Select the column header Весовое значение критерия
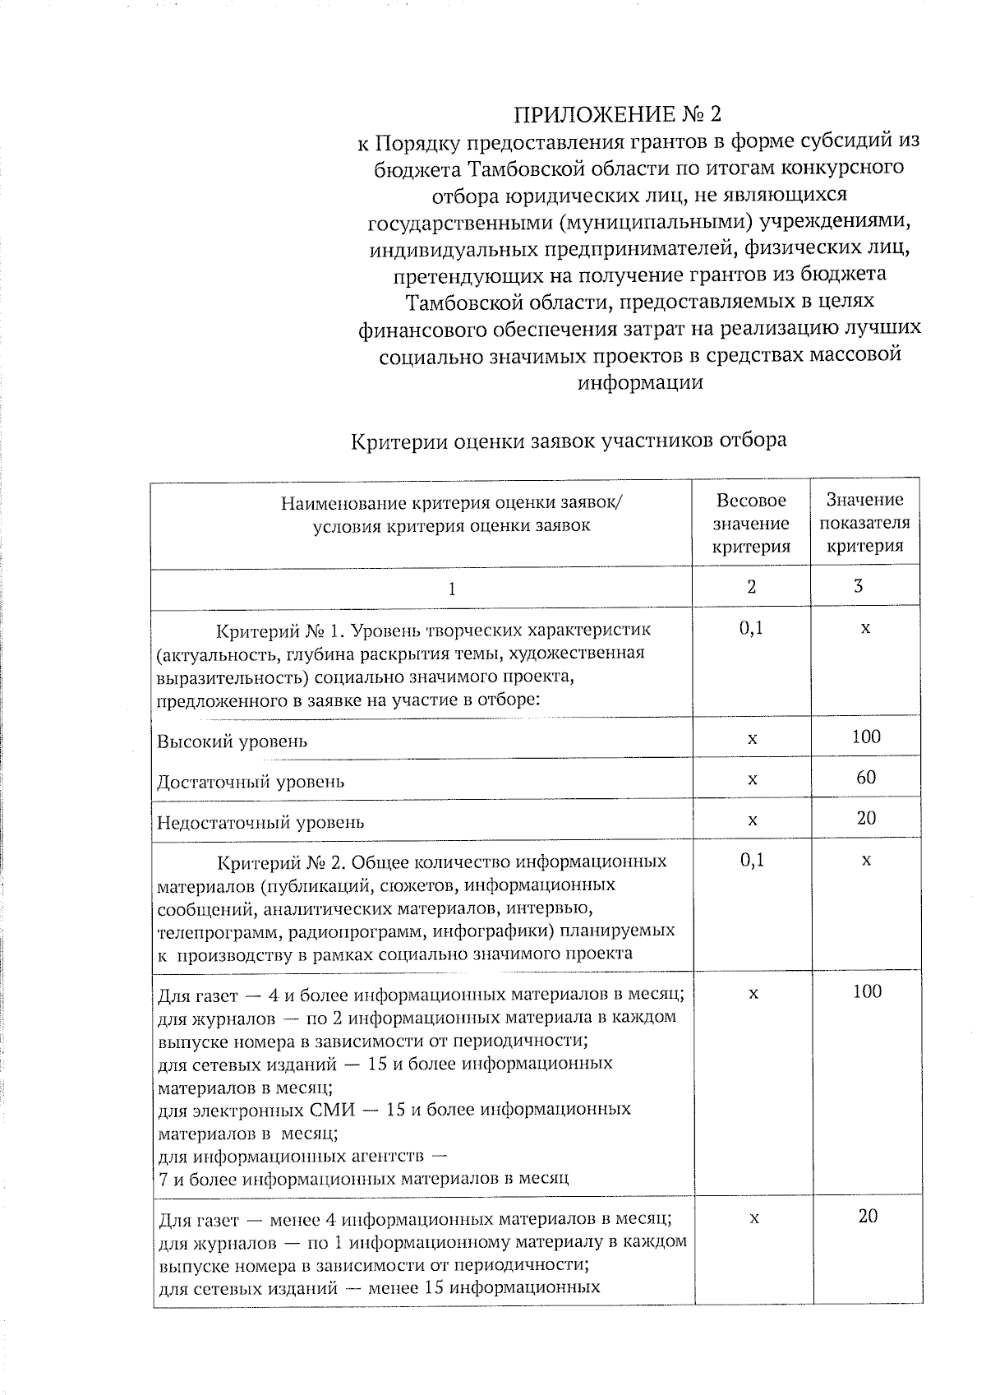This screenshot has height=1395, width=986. (751, 523)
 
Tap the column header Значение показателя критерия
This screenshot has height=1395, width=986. (864, 523)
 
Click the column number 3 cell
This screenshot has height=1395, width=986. (858, 587)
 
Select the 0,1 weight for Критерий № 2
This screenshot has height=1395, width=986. (751, 861)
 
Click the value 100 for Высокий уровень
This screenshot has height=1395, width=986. (866, 737)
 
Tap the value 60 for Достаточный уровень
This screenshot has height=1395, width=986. (866, 777)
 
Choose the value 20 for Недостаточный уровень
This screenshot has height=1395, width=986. (866, 818)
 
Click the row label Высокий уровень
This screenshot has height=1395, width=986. (233, 741)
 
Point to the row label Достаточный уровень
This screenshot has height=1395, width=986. (251, 782)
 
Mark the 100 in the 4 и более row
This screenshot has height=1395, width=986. (867, 991)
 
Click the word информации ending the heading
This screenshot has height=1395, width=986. (640, 382)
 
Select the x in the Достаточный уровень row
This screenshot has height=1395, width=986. (752, 778)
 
